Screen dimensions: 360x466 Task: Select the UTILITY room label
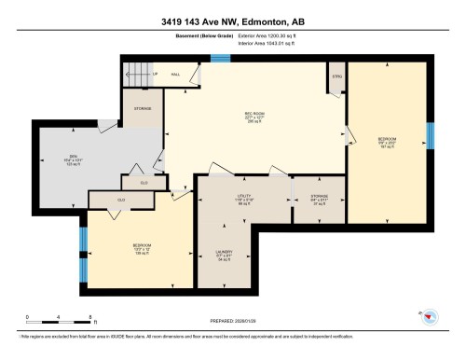click(243, 197)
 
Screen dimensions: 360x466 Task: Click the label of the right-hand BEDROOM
click(388, 139)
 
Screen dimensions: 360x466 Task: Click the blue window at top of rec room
click(220, 59)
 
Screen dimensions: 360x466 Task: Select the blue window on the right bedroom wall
click(430, 136)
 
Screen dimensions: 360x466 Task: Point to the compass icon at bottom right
click(429, 316)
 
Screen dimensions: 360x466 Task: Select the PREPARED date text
click(232, 323)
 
